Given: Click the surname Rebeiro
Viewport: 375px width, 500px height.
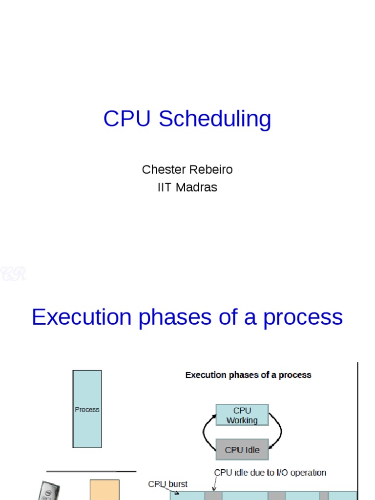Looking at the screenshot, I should click(210, 169).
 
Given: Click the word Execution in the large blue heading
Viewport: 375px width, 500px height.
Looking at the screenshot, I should click(82, 317).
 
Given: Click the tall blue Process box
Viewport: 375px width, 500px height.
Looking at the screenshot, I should click(87, 409).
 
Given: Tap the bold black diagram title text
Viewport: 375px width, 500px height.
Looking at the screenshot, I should click(248, 375).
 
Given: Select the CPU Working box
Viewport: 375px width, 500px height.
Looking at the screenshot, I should click(242, 415).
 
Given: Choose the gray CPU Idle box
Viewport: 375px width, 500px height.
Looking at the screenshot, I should click(242, 450).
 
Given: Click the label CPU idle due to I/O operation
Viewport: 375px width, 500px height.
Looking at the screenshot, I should click(270, 473).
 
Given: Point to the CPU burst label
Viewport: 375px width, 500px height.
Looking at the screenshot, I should click(167, 484).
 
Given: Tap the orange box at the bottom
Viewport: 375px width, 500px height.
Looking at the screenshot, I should click(104, 490).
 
